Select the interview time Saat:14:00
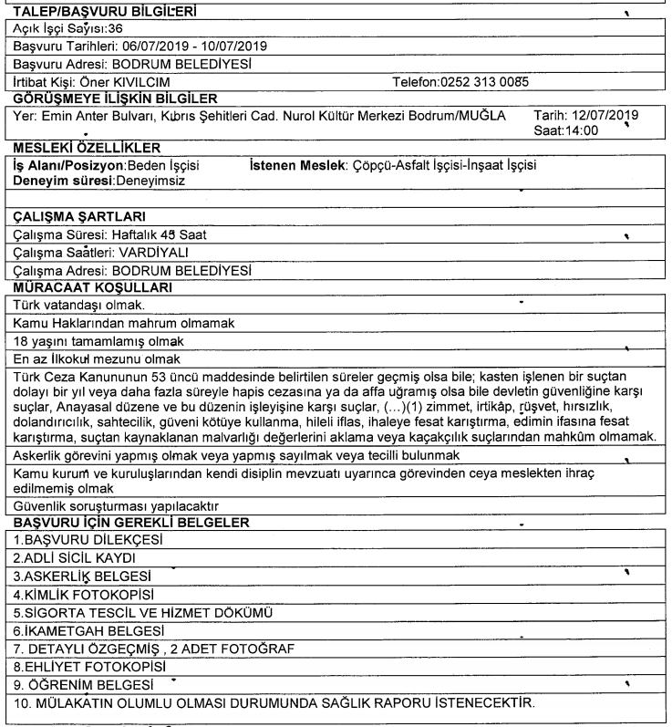[x=574, y=131]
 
